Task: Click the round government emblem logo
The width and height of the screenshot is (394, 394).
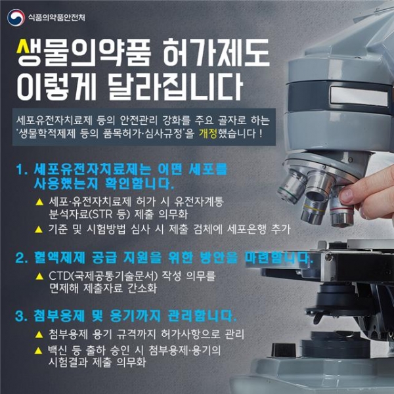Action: pyautogui.click(x=16, y=18)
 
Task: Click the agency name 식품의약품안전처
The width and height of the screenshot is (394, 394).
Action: pyautogui.click(x=56, y=18)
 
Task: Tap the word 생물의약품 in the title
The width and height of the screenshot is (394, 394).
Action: pyautogui.click(x=83, y=53)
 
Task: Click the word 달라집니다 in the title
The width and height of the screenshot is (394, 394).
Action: pyautogui.click(x=175, y=87)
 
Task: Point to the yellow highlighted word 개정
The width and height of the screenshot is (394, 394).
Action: pyautogui.click(x=208, y=133)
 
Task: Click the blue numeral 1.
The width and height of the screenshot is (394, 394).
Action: pyautogui.click(x=21, y=169)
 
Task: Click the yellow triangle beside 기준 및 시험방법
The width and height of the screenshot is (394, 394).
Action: pyautogui.click(x=39, y=229)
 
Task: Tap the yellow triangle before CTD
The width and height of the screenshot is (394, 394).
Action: pyautogui.click(x=39, y=276)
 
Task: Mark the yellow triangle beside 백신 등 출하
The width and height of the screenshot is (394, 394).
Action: pyautogui.click(x=38, y=351)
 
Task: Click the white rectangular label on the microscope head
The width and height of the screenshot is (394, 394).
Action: pyautogui.click(x=359, y=96)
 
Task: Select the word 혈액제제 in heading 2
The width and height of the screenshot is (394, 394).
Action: pyautogui.click(x=60, y=258)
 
